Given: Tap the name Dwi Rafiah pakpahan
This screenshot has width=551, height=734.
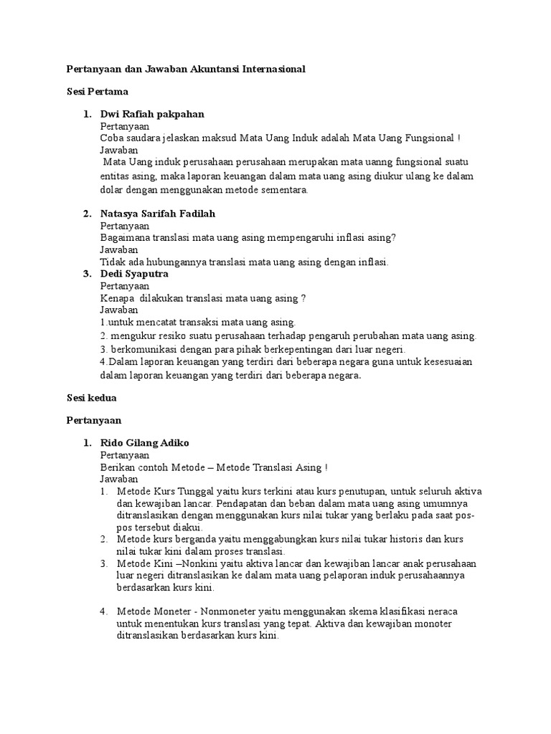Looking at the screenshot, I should pyautogui.click(x=152, y=114).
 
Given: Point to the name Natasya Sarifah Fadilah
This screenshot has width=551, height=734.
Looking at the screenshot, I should pyautogui.click(x=158, y=214).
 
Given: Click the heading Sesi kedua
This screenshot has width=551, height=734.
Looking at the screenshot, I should pyautogui.click(x=92, y=396).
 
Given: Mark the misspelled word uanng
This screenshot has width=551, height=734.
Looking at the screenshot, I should pyautogui.click(x=381, y=163).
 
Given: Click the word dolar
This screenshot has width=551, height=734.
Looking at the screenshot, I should pyautogui.click(x=113, y=189).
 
